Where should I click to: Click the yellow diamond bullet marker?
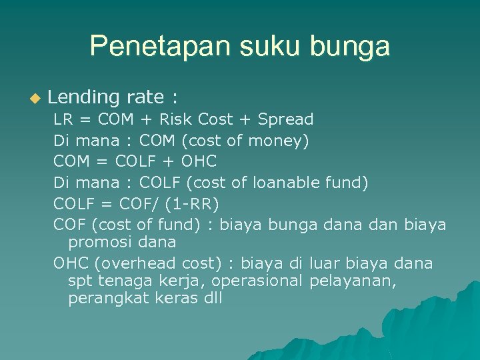pos(35,99)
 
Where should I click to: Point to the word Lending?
pos(83,98)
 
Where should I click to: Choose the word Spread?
pos(285,120)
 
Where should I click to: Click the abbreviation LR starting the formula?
pos(63,120)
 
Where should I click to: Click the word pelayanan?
pos(353,281)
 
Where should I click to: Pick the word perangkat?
pos(109,299)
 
